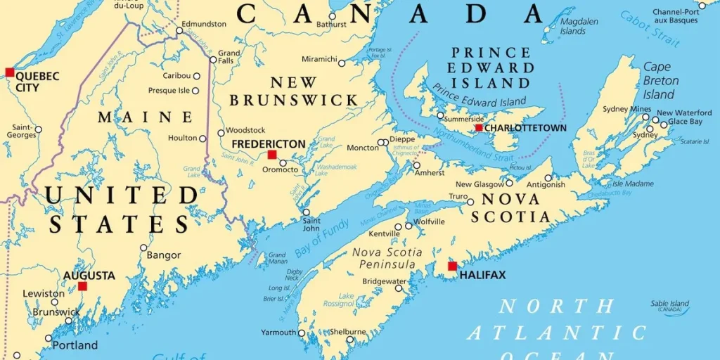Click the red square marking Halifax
[x=452, y=266]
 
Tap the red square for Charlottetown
[x=479, y=128]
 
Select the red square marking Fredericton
[x=272, y=154]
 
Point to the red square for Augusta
[x=82, y=286]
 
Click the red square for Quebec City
[x=9, y=72]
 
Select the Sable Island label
[x=669, y=304]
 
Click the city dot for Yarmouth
[x=302, y=333]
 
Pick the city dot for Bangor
[x=143, y=247]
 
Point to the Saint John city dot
[x=306, y=212]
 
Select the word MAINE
[x=145, y=117]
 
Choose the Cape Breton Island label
[x=660, y=80]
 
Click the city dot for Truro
[x=470, y=202]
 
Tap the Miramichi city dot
[x=342, y=63]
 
